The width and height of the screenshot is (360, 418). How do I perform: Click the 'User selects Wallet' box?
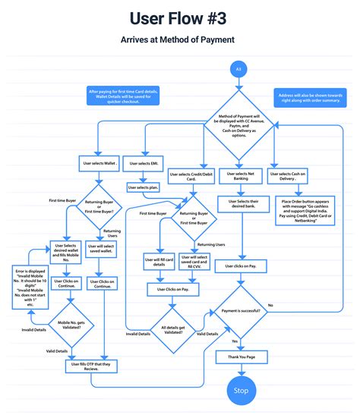pos(100,162)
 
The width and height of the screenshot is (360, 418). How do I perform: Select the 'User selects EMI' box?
pos(144,162)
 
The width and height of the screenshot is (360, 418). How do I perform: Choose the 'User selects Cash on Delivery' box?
pos(287,174)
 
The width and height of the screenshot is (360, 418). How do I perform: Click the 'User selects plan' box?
pos(144,187)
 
